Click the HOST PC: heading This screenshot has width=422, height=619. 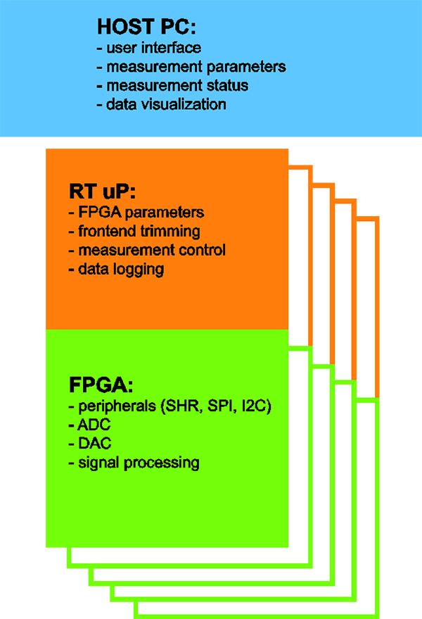pyautogui.click(x=146, y=27)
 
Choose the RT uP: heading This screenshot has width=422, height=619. pyautogui.click(x=103, y=192)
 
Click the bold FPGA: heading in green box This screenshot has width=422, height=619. pyautogui.click(x=101, y=385)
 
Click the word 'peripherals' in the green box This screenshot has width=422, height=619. pyautogui.click(x=117, y=406)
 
